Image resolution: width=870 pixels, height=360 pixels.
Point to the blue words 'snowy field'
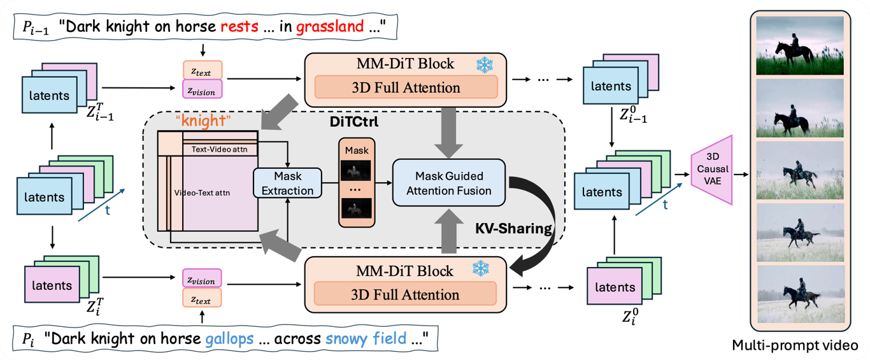[366, 338]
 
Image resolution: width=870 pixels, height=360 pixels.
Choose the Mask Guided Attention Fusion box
[449, 183]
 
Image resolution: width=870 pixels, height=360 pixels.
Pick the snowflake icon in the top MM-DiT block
[485, 64]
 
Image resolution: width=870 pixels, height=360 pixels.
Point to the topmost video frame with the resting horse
[799, 47]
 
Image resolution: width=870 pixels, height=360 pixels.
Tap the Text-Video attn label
[220, 149]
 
